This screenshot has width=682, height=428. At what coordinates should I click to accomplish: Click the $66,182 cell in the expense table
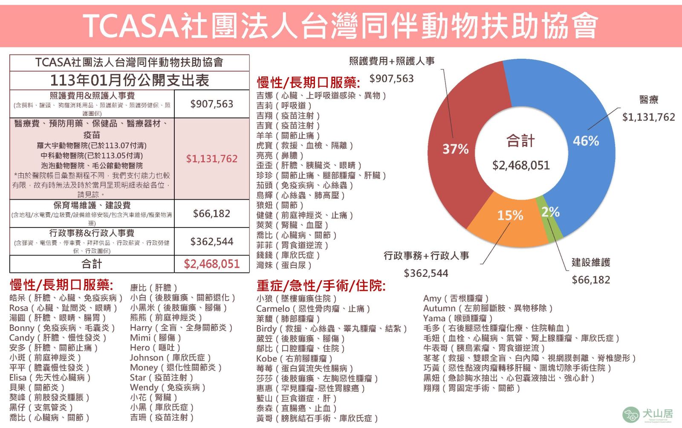[x=211, y=213]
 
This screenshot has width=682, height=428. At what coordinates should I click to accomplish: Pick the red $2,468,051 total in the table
[x=211, y=264]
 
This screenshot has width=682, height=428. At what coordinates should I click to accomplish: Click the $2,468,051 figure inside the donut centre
[x=521, y=165]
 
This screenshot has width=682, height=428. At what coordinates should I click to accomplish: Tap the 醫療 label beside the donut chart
[x=649, y=100]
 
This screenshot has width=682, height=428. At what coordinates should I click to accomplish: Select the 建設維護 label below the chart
[x=591, y=262]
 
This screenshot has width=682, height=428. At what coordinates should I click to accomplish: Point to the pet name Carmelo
[x=273, y=308]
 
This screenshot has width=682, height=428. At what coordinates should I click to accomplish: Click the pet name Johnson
[x=147, y=358]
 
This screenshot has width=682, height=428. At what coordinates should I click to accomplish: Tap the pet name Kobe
[x=266, y=359]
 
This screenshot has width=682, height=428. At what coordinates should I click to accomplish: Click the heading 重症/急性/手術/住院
[x=321, y=286]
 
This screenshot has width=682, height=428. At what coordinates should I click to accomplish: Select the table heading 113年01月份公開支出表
[x=129, y=80]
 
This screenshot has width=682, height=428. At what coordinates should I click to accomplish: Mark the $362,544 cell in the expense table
[x=211, y=241]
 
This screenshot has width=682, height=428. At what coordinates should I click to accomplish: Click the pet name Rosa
[x=19, y=308]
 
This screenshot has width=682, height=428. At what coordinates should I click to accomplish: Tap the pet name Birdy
[x=266, y=328]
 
